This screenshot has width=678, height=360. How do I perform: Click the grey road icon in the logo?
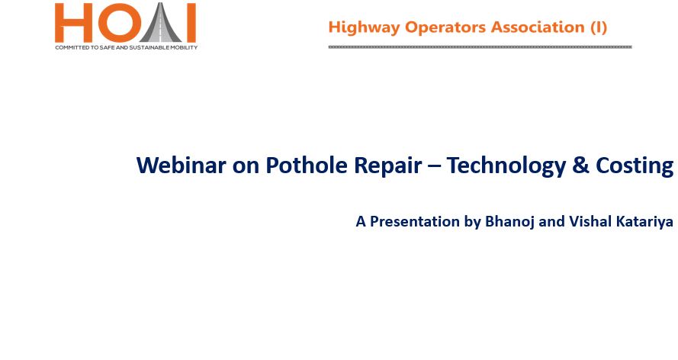[x=160, y=22]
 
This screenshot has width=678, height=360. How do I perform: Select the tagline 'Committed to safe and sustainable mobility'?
[x=127, y=47]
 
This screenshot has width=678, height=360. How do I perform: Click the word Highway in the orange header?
[x=364, y=27]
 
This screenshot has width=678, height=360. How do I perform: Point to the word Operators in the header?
[x=445, y=28]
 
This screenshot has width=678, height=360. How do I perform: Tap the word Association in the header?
[x=538, y=27]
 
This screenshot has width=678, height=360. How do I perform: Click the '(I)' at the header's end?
[x=599, y=27]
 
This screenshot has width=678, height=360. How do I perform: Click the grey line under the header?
[x=480, y=47]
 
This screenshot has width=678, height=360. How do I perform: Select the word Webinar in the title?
[x=181, y=165]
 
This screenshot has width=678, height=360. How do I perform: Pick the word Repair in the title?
[x=388, y=166]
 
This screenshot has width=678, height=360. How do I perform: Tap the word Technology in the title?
[x=506, y=166]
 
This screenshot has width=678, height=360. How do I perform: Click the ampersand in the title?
[x=580, y=166]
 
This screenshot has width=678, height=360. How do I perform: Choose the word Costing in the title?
[x=635, y=166]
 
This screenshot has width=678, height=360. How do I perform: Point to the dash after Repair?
[x=434, y=167]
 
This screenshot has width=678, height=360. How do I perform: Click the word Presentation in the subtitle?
[x=414, y=222]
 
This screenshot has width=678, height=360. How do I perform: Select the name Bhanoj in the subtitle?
[x=509, y=222]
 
